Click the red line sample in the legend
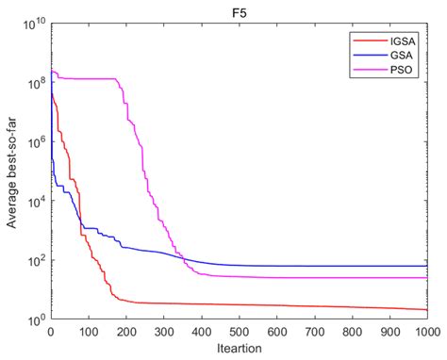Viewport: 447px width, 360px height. tap(363, 41)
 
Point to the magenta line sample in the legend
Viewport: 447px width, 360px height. tap(363, 69)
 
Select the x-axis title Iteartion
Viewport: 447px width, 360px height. tap(239, 350)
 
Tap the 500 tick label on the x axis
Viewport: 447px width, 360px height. tap(239, 332)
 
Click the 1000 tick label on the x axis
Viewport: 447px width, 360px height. tap(426, 332)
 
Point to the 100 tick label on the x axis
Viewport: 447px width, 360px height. tap(88, 332)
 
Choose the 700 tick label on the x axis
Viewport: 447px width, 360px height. tap(314, 332)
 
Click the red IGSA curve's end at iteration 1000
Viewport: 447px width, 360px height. tap(426, 309)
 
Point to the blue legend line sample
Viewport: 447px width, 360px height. tap(363, 55)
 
